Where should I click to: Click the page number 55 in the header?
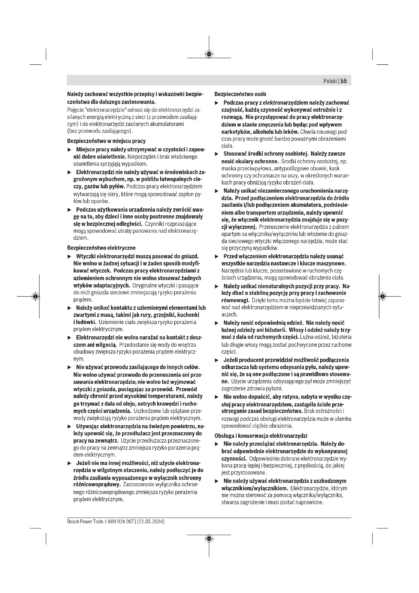[344, 81]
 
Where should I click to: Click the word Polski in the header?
[330, 81]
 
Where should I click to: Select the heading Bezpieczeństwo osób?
[240, 94]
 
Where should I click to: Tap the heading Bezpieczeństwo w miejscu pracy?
[106, 141]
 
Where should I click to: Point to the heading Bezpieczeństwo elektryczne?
[101, 248]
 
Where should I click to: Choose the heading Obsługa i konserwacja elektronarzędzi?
[261, 436]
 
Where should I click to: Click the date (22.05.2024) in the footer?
[151, 522]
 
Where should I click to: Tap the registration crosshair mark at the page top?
[209, 54]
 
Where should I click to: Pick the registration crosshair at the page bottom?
[209, 538]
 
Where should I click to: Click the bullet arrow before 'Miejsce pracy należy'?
[69, 150]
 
